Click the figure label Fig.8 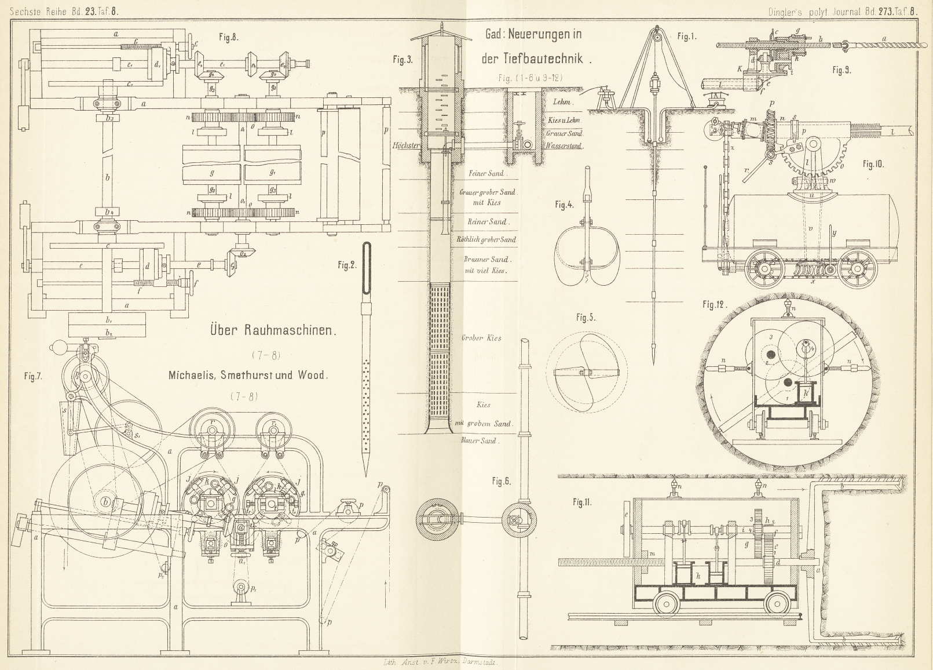229,37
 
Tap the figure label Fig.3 402,60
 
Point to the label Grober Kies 481,337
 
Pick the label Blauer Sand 479,440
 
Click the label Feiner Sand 486,173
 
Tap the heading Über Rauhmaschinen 272,330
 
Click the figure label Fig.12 715,305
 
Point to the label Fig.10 873,164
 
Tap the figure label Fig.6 502,481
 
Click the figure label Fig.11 582,502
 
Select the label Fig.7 33,376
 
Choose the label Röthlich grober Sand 486,239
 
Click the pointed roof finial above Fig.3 441,26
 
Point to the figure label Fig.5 586,318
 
